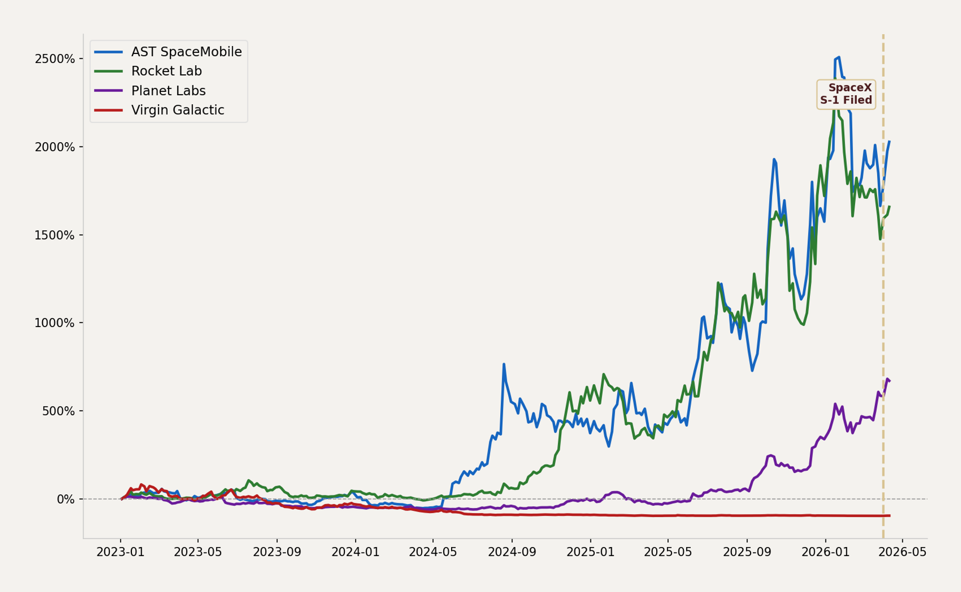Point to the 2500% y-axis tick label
54,59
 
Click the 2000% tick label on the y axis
54,147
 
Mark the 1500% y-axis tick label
54,235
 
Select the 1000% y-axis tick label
54,323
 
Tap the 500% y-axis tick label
58,411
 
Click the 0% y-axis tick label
66,499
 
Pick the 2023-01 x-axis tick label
120,552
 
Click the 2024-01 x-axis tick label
355,552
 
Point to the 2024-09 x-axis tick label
511,552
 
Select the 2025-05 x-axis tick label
668,552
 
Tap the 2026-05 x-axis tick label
902,552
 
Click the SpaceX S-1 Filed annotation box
846,94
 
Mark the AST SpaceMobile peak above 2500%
839,57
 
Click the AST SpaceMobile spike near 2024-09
503,364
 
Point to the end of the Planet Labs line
889,381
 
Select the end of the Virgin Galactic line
889,516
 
